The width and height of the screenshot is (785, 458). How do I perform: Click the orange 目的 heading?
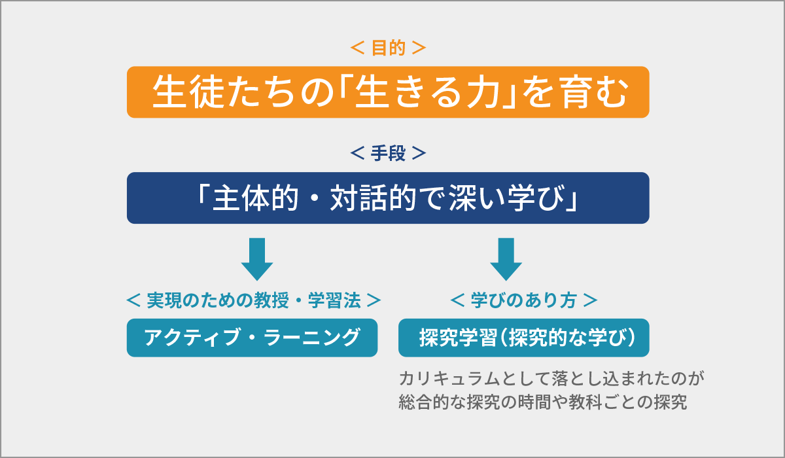coord(388,48)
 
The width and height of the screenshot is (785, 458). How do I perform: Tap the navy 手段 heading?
coord(388,154)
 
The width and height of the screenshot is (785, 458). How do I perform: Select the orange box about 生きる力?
coord(388,92)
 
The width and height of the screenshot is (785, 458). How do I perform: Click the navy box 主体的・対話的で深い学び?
coord(388,198)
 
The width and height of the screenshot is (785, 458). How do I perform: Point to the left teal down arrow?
coord(257,259)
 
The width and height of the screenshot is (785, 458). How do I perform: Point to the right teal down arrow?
coord(506,259)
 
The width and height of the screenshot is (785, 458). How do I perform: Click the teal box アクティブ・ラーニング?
coord(252,338)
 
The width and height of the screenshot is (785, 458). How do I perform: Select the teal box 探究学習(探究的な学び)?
coord(524,338)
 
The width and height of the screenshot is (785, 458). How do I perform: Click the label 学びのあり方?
coord(524,300)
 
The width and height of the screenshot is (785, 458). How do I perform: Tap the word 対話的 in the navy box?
coord(367,198)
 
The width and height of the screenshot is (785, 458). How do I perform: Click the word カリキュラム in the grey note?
coord(440,379)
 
